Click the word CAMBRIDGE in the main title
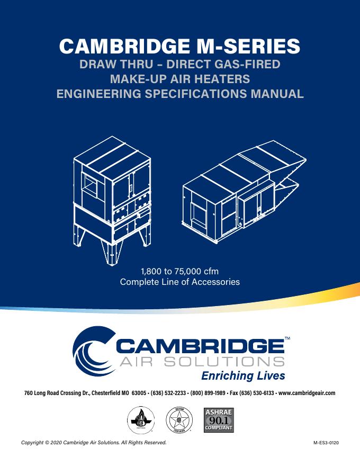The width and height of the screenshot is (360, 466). (x=123, y=46)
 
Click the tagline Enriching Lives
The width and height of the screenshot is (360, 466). (x=244, y=376)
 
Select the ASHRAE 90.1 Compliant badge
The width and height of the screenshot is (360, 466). (x=219, y=419)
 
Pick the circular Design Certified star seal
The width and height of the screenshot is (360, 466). (x=179, y=421)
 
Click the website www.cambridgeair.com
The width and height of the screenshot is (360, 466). (x=307, y=393)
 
